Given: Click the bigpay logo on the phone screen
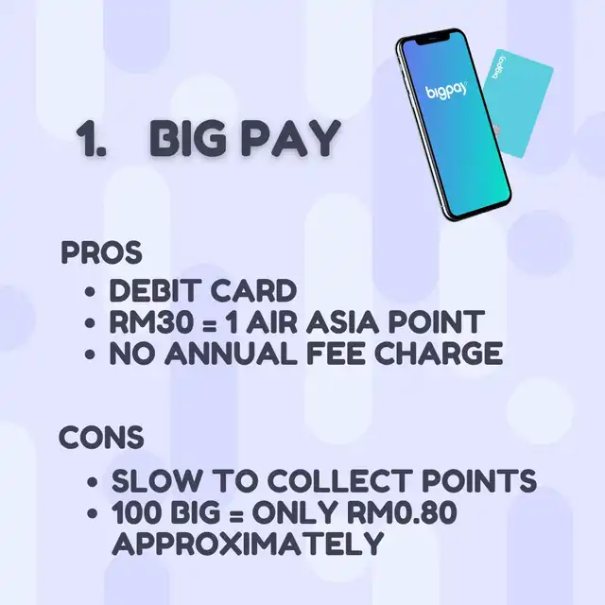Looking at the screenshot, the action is click(446, 91).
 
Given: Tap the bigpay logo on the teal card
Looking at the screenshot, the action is click(499, 68).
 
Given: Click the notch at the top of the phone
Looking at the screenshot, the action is click(431, 39).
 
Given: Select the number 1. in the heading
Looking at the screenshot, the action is click(91, 138).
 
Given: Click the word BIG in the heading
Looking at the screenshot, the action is click(188, 138).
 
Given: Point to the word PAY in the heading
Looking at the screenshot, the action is click(290, 138).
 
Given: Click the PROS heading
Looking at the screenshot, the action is click(101, 252).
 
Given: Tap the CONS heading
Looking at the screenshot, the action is click(101, 437).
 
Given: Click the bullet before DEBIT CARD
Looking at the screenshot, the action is click(90, 291).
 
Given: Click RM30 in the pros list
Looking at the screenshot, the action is click(151, 321).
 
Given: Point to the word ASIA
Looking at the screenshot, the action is click(341, 321).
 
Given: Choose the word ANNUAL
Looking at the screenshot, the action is click(231, 353).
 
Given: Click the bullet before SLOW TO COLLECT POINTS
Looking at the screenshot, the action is click(92, 482).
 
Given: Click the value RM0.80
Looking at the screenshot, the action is click(401, 512).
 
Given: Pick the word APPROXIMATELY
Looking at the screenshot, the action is click(248, 544).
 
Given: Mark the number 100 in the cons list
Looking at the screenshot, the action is click(137, 512).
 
